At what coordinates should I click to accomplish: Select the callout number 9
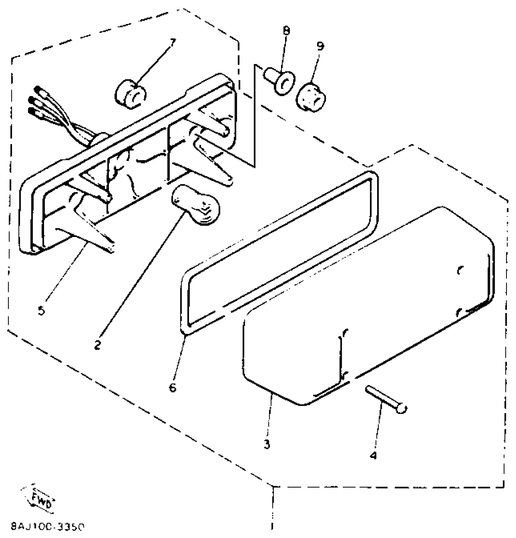tap(320, 46)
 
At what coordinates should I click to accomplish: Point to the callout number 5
tap(42, 310)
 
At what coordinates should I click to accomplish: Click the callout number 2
tap(97, 345)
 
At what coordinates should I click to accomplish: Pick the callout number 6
tap(173, 387)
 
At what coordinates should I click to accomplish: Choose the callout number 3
tap(267, 445)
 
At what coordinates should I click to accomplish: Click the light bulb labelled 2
tap(196, 205)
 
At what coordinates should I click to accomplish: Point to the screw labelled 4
tap(385, 398)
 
